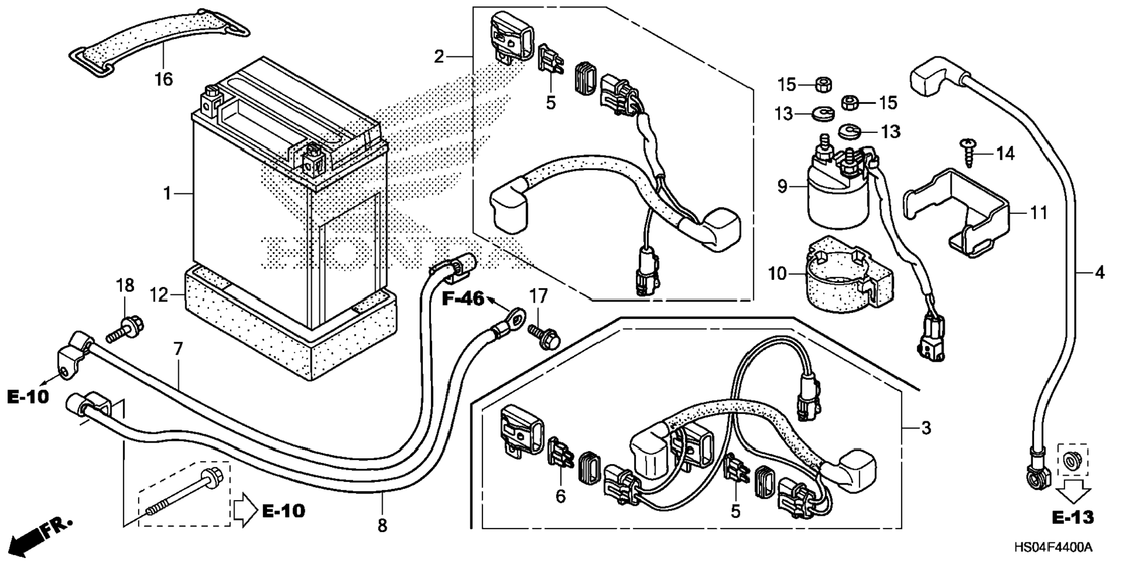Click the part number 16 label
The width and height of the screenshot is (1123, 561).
(164, 79)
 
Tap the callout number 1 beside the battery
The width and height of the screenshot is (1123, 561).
(167, 193)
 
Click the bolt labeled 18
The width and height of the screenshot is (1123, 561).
(125, 329)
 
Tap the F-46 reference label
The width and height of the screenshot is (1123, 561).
(463, 299)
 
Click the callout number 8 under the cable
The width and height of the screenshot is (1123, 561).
(382, 526)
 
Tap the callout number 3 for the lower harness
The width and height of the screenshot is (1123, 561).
(926, 428)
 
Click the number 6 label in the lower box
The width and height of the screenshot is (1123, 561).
(560, 497)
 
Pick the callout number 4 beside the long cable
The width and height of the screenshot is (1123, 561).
(1099, 272)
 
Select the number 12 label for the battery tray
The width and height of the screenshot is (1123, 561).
(159, 295)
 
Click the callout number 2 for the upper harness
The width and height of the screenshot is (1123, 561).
(439, 56)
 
